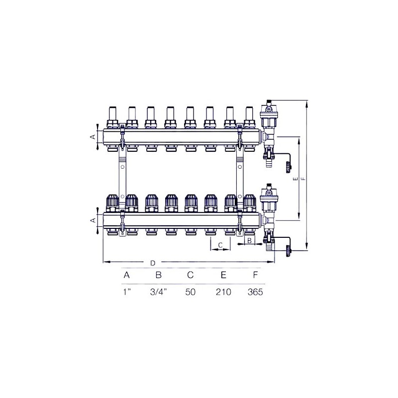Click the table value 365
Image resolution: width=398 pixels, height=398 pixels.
tap(255, 292)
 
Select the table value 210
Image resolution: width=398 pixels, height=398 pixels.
tap(223, 292)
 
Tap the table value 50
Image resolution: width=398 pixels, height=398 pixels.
tap(191, 292)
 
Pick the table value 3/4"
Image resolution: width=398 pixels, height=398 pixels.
tap(159, 292)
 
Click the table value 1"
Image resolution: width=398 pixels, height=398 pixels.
tap(127, 292)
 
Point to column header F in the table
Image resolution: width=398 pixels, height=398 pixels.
tap(255, 275)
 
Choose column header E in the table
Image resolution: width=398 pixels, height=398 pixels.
tap(223, 275)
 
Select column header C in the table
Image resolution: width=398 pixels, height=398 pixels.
tap(191, 275)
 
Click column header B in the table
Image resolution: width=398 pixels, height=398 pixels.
tap(159, 275)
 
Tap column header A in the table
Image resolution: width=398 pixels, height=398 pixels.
tap(127, 275)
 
